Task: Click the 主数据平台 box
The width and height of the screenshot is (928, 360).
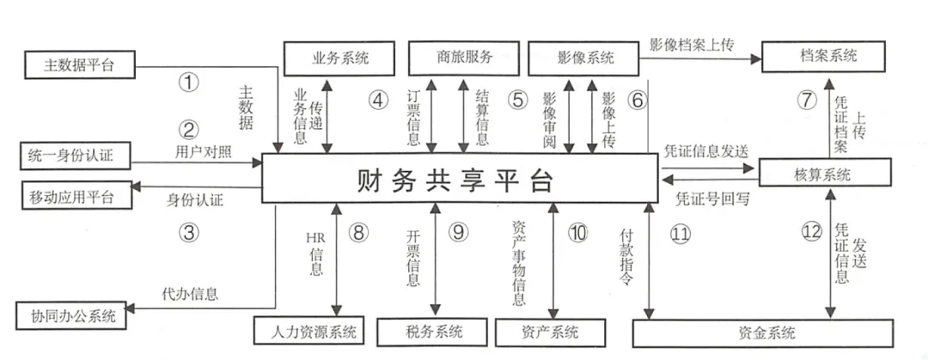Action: coord(78,64)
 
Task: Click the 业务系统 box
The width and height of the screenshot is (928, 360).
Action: coord(339,58)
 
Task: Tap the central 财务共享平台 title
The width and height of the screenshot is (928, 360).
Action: coord(455,180)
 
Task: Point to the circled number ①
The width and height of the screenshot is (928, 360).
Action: coord(188,83)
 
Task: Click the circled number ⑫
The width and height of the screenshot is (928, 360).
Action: coord(812,231)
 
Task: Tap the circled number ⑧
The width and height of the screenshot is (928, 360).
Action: coord(358,231)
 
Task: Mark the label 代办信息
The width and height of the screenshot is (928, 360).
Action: coord(190,293)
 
